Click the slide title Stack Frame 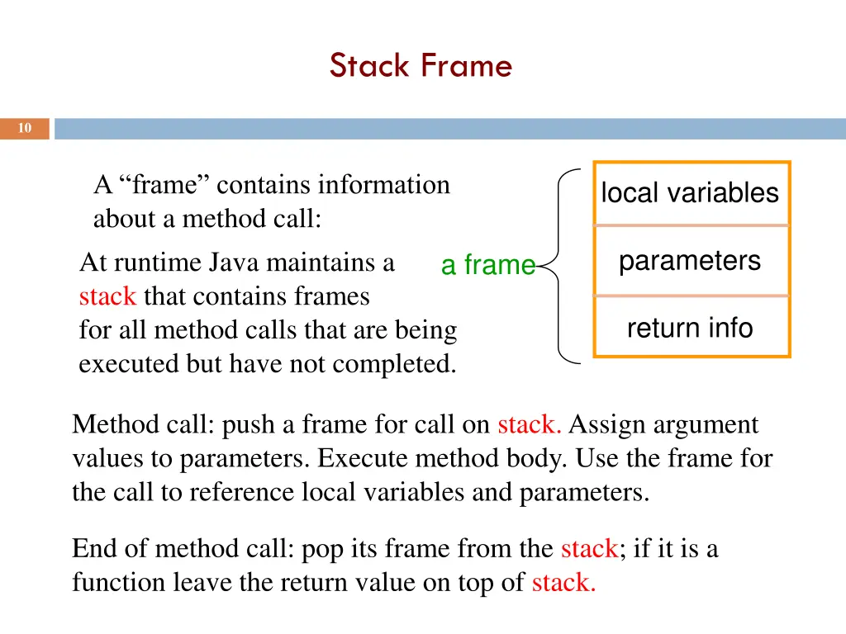(x=421, y=65)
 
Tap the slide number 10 (x=25, y=128)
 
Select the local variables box (x=690, y=193)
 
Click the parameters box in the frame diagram (x=690, y=261)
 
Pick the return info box (x=690, y=329)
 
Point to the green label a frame (x=488, y=265)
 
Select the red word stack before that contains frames (x=107, y=296)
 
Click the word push (x=250, y=424)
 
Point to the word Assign (x=603, y=424)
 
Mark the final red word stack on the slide (x=563, y=582)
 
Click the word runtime (x=157, y=263)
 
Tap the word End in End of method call (x=95, y=548)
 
